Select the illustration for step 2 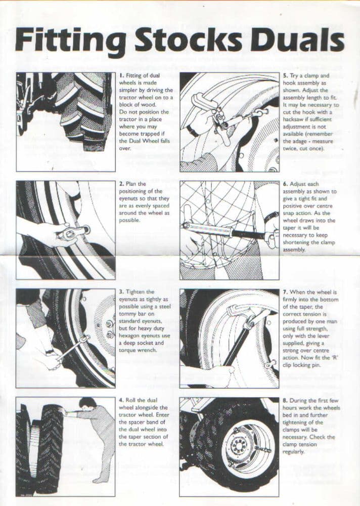tap(66, 230)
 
